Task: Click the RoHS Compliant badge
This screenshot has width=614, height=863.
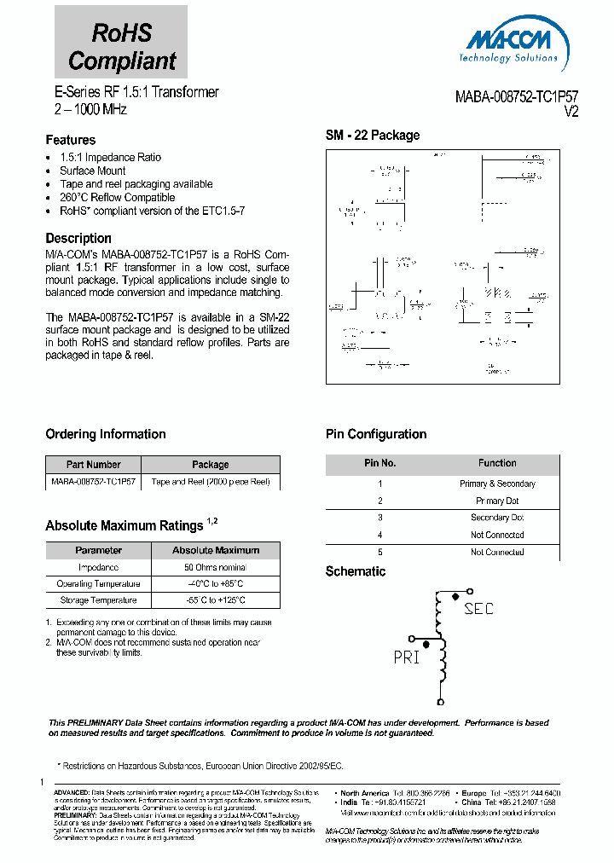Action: pyautogui.click(x=121, y=43)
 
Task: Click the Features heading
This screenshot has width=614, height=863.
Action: pyautogui.click(x=70, y=140)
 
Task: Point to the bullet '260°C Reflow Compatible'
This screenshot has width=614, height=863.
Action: pyautogui.click(x=117, y=197)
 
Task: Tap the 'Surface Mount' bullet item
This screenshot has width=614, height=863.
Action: pyautogui.click(x=92, y=171)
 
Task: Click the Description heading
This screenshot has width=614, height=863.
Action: pyautogui.click(x=78, y=239)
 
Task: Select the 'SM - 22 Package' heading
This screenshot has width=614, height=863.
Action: pyautogui.click(x=373, y=136)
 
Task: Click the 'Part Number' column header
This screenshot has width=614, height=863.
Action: pyautogui.click(x=93, y=465)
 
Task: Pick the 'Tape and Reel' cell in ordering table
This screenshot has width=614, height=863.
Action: pyautogui.click(x=210, y=482)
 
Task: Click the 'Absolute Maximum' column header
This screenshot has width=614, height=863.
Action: pyautogui.click(x=216, y=550)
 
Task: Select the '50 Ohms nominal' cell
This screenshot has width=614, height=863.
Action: pyautogui.click(x=216, y=567)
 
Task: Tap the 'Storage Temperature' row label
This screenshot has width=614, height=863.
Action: pyautogui.click(x=98, y=600)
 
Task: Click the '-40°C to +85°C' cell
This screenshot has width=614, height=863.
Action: pyautogui.click(x=216, y=584)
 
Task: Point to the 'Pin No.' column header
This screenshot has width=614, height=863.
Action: pyautogui.click(x=380, y=463)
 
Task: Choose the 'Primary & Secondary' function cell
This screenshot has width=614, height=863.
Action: pyautogui.click(x=497, y=484)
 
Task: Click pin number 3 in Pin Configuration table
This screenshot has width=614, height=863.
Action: pyautogui.click(x=380, y=518)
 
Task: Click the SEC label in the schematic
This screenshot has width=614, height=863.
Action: pyautogui.click(x=478, y=609)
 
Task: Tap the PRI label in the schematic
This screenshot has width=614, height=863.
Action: pyautogui.click(x=407, y=657)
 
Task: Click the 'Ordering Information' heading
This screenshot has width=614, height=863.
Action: pyautogui.click(x=106, y=434)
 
